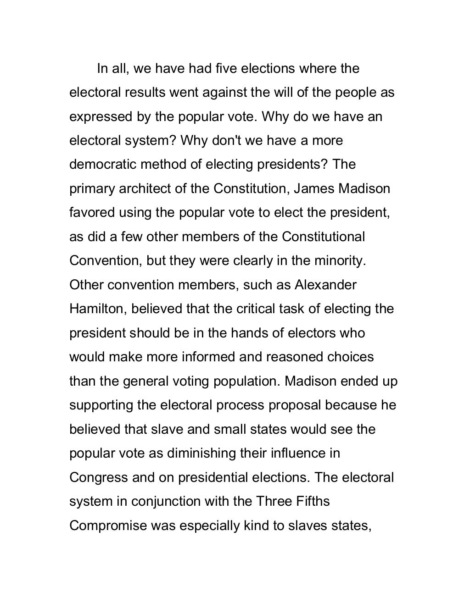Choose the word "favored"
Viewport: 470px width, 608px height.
(92, 213)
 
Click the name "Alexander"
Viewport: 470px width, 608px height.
(325, 285)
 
